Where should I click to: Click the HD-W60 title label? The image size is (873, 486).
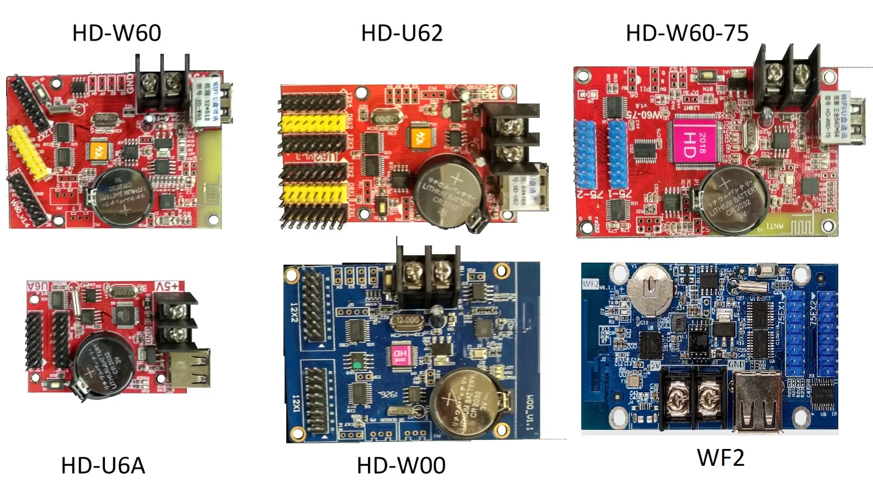[117, 33]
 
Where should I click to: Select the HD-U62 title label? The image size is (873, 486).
[402, 33]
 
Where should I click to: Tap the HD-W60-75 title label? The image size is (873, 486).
[687, 33]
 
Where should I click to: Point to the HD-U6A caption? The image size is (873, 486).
[103, 465]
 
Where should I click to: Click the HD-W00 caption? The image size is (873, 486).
[401, 465]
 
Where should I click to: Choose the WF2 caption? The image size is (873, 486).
[720, 458]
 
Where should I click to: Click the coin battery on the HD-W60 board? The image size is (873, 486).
[121, 197]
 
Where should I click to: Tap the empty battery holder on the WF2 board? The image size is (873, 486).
[650, 288]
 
